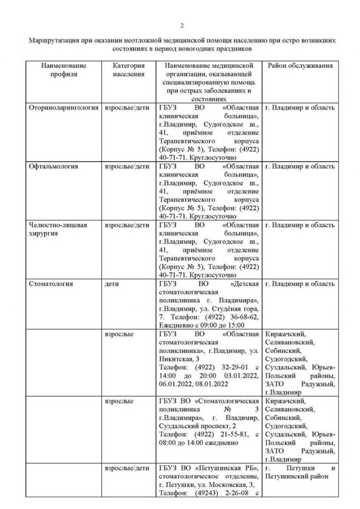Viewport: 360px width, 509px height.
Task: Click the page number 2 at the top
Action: [x=183, y=25]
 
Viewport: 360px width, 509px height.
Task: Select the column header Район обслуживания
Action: [x=300, y=66]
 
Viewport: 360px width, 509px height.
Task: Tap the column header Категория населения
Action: [x=129, y=70]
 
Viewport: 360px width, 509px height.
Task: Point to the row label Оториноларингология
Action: [x=64, y=108]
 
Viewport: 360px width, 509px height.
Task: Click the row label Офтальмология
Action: [x=53, y=166]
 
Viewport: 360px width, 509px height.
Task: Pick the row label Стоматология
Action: [x=51, y=284]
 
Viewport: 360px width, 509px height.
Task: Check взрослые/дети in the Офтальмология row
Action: [x=127, y=166]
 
